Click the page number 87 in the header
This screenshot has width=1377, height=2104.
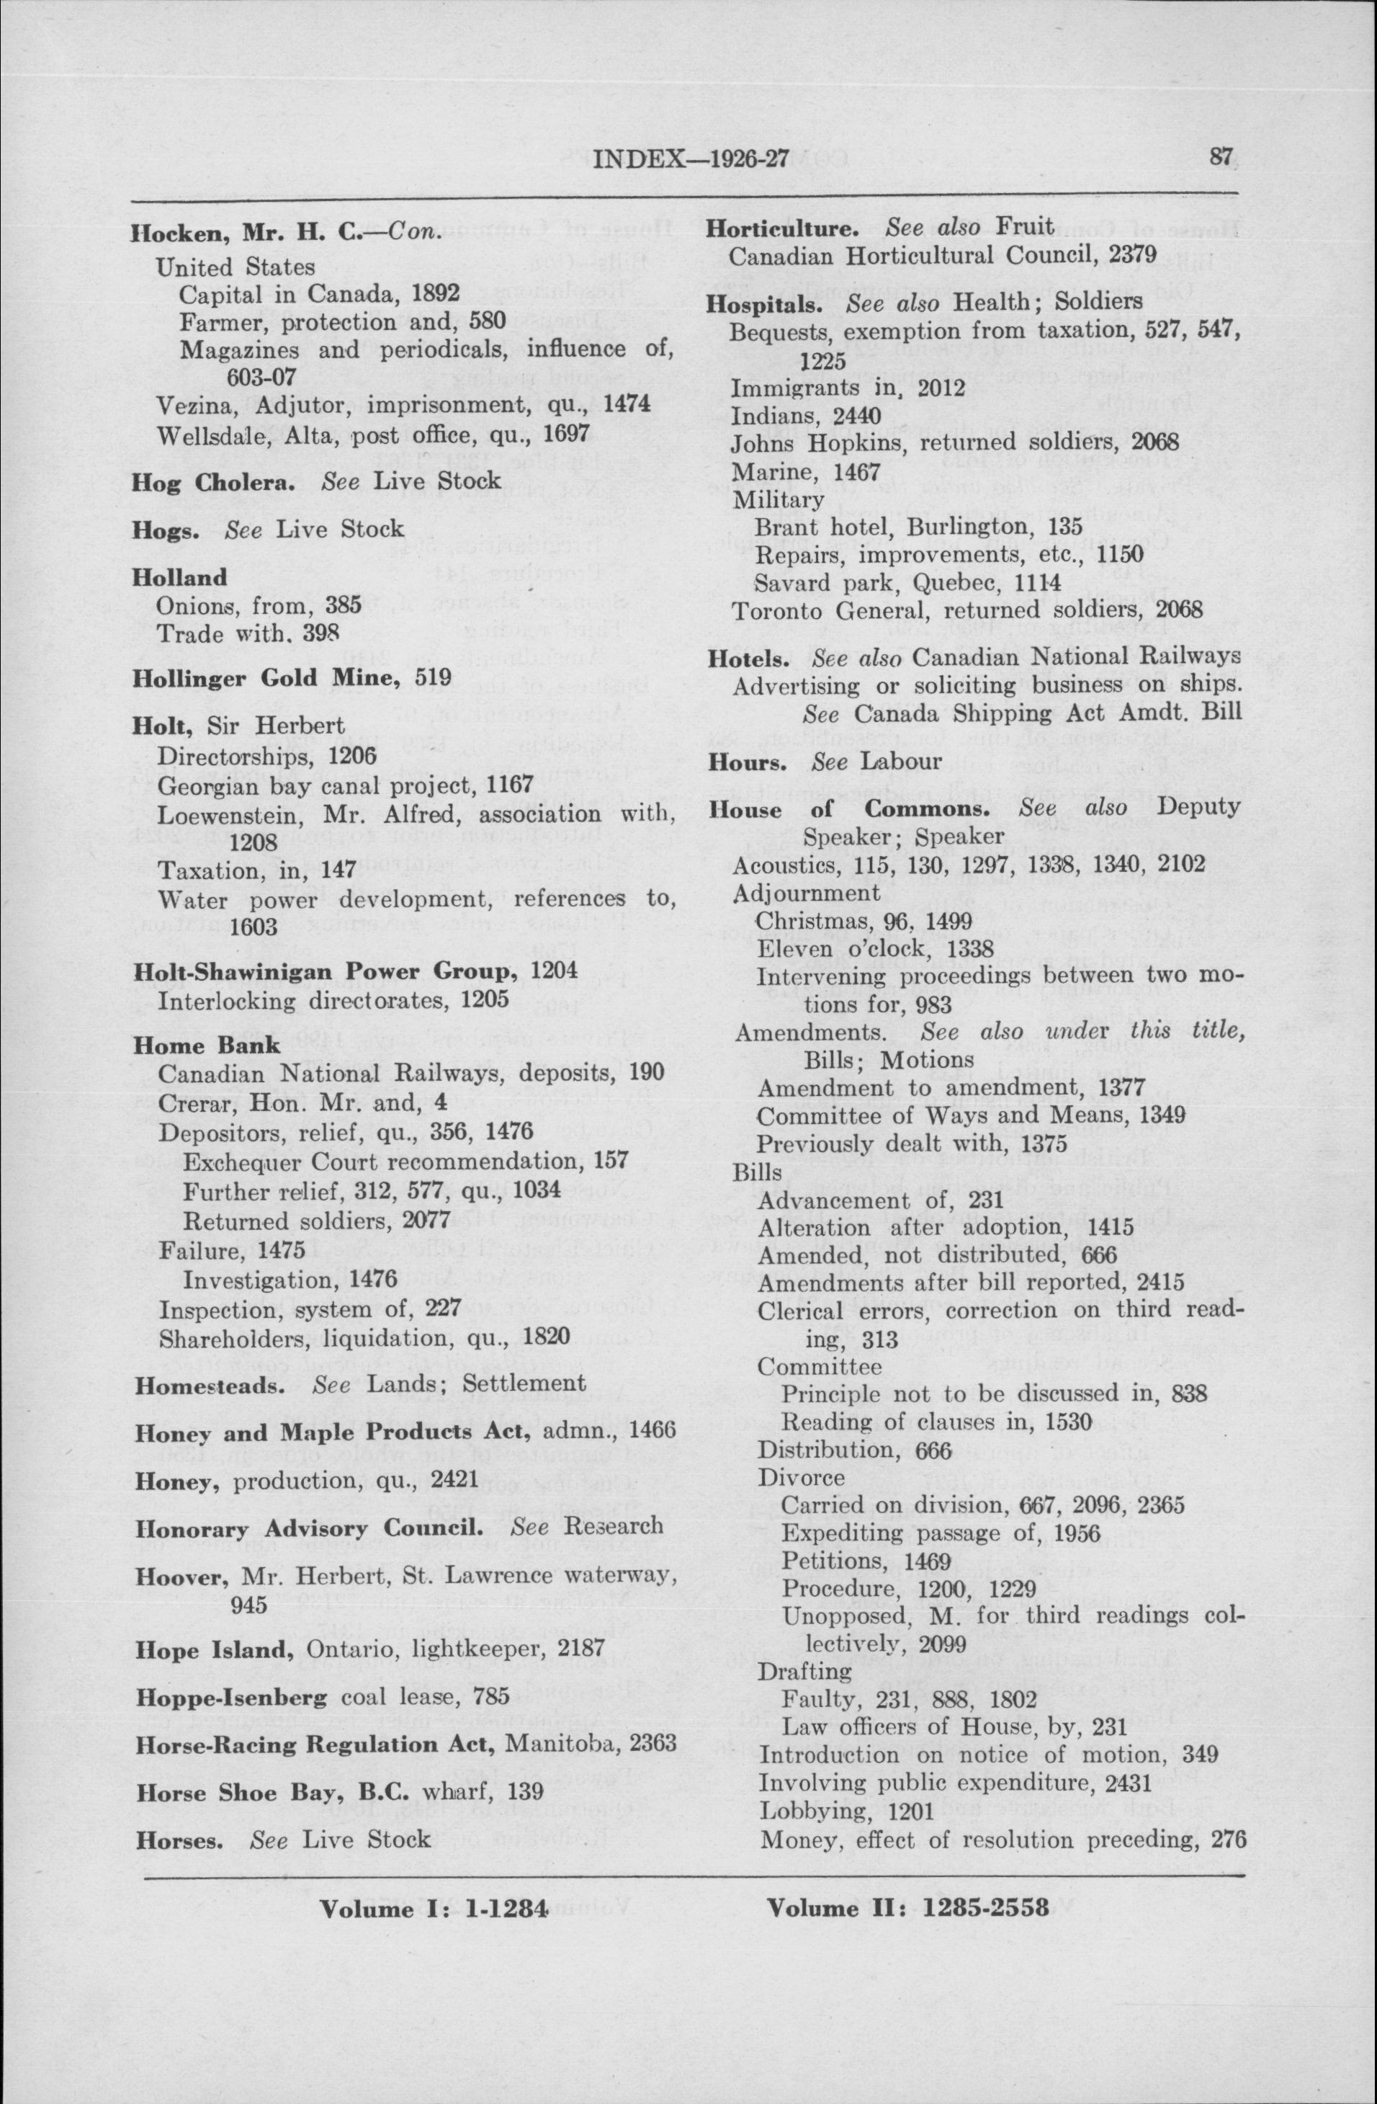coord(1221,157)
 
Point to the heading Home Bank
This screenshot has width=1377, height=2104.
coord(206,1045)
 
